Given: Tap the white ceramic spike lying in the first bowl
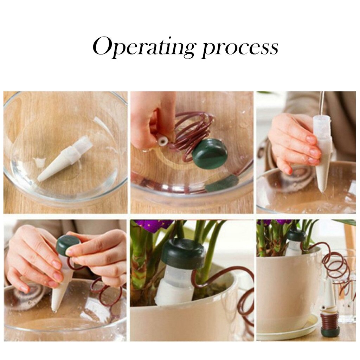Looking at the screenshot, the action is click(x=65, y=158).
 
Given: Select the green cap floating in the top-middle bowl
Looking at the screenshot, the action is click(x=210, y=153).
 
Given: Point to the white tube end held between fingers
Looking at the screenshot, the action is click(x=164, y=141).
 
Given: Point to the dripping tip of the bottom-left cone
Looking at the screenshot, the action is click(x=54, y=311).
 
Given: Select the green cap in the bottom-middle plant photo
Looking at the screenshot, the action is click(x=183, y=252).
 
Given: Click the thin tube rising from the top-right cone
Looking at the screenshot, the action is click(x=322, y=103).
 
